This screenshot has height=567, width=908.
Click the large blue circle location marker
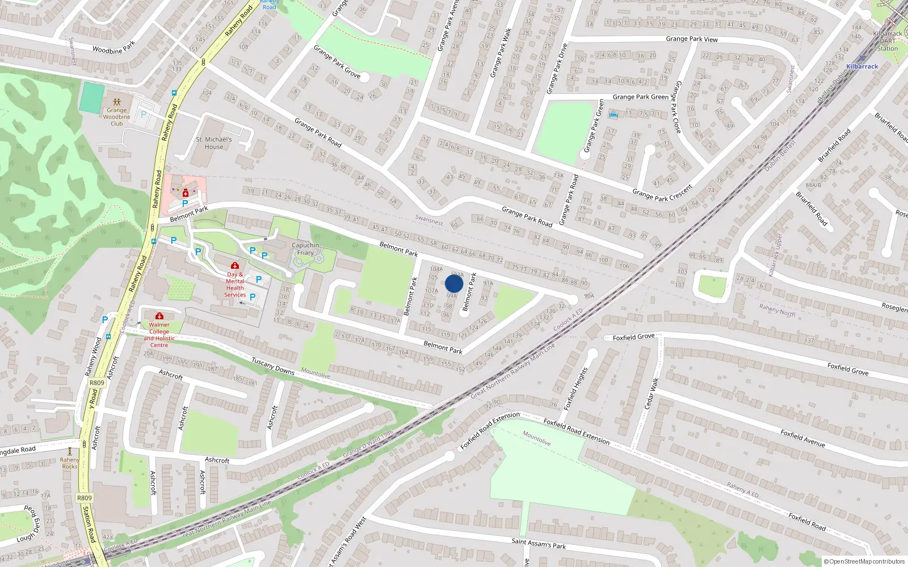(x=454, y=283)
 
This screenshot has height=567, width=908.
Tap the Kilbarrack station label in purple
(x=861, y=66)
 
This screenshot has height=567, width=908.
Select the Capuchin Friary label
(x=305, y=249)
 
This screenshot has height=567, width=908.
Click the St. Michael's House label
(x=214, y=143)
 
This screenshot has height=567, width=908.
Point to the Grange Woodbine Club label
(x=116, y=117)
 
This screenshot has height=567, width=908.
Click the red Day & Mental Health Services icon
(x=235, y=265)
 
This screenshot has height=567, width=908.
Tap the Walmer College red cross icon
(x=159, y=316)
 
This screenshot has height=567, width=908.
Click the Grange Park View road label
(x=691, y=39)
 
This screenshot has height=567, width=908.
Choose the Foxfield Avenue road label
(x=802, y=438)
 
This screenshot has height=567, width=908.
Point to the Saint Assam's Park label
(x=539, y=544)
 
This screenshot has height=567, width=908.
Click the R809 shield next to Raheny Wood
(x=97, y=383)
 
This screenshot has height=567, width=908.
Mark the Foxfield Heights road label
(x=575, y=388)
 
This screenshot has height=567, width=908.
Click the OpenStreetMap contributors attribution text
(x=863, y=562)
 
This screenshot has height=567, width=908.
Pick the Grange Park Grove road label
(x=337, y=61)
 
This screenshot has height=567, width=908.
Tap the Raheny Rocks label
(x=70, y=463)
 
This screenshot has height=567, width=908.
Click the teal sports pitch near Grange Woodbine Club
(x=90, y=97)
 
